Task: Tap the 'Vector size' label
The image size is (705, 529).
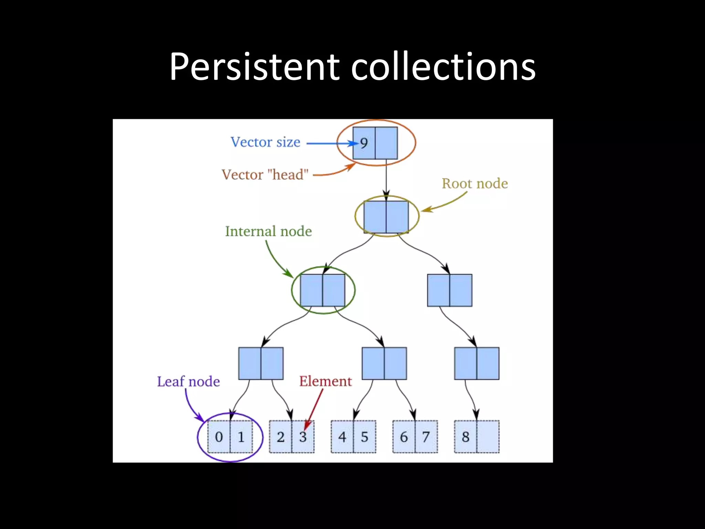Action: click(265, 142)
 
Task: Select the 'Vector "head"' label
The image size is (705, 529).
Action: click(265, 175)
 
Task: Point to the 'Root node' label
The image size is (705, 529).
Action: click(475, 184)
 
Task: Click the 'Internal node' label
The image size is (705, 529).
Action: click(268, 231)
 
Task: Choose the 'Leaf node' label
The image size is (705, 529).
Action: click(188, 382)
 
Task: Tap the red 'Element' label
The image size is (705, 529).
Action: click(325, 381)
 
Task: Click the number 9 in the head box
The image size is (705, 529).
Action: click(364, 143)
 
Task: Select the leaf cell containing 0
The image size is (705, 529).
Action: click(219, 437)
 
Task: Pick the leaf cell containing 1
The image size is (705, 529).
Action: click(241, 437)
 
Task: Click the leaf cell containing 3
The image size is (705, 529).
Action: click(303, 437)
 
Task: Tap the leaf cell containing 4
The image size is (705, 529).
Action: click(342, 437)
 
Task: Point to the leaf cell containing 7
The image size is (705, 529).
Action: click(426, 437)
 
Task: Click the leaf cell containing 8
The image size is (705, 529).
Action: click(465, 437)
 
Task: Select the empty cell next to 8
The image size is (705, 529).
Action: click(488, 437)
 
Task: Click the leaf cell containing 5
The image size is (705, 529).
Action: click(365, 437)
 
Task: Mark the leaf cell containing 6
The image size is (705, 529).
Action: click(404, 437)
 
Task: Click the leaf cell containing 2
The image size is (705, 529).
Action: click(281, 437)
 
